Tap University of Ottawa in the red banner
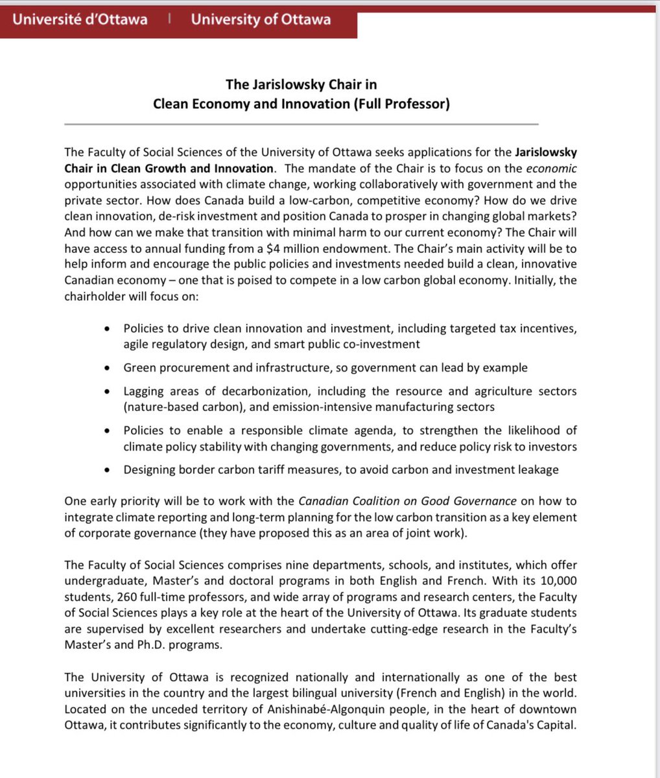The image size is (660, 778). pyautogui.click(x=261, y=19)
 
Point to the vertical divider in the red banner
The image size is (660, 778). pyautogui.click(x=169, y=19)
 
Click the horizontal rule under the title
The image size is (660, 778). pyautogui.click(x=301, y=124)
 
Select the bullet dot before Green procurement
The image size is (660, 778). pyautogui.click(x=107, y=368)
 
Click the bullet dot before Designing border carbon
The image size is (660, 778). pyautogui.click(x=107, y=470)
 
